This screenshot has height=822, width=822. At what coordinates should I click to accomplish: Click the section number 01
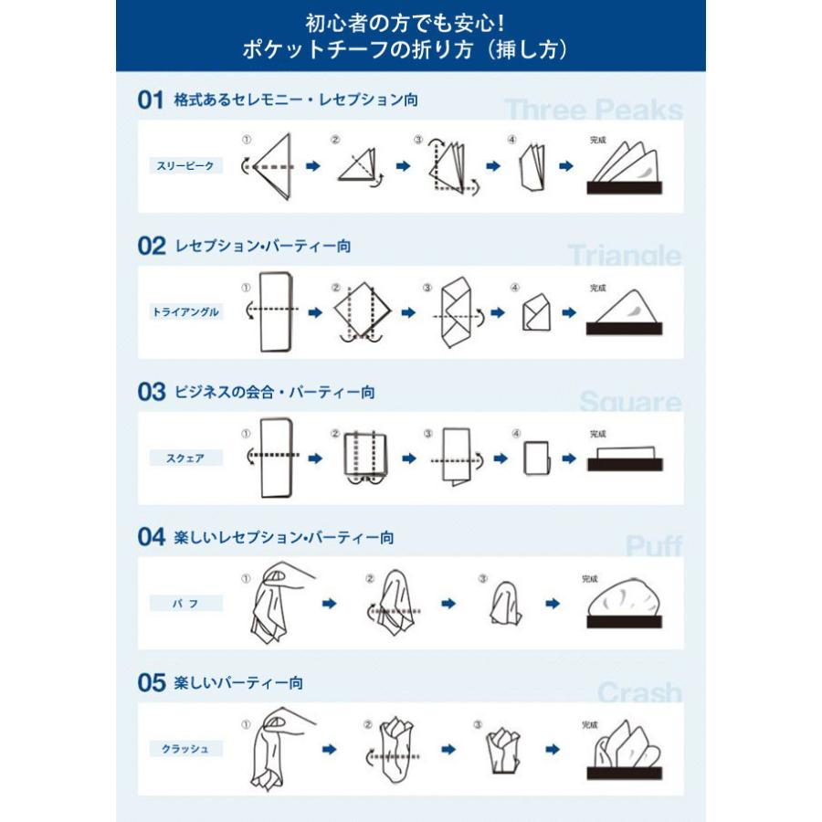(x=150, y=100)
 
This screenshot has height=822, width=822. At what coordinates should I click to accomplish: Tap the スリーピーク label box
(x=186, y=166)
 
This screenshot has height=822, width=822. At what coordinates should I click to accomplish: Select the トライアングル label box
(x=186, y=311)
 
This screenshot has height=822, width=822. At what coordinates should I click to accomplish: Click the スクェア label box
(x=186, y=458)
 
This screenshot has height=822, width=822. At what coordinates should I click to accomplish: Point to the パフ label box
(x=186, y=604)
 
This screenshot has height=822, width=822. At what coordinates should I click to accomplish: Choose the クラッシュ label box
(x=186, y=749)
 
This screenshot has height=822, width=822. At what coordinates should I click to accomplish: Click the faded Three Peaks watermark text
(x=594, y=111)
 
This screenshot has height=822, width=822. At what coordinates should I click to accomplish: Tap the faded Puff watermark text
(x=653, y=547)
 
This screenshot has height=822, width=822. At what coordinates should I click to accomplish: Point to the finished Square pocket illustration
(x=626, y=458)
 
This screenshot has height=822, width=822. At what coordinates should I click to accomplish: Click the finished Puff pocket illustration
(x=626, y=605)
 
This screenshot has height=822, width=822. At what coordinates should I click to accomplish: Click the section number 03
(x=150, y=392)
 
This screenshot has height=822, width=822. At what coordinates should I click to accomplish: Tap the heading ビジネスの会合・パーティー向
(x=274, y=392)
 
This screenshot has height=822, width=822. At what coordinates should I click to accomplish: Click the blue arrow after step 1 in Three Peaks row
(x=312, y=166)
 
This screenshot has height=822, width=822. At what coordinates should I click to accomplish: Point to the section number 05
(x=150, y=682)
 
